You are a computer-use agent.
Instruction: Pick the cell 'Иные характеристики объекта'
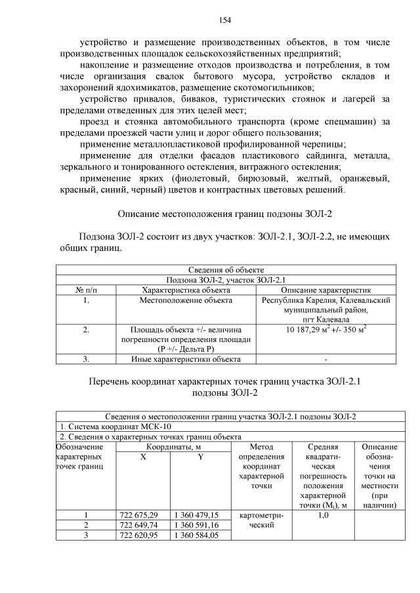point(186,358)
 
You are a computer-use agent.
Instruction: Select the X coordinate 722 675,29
point(138,514)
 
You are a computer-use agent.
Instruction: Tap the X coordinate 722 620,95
point(138,535)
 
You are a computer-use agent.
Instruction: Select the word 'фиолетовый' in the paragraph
point(199,178)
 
